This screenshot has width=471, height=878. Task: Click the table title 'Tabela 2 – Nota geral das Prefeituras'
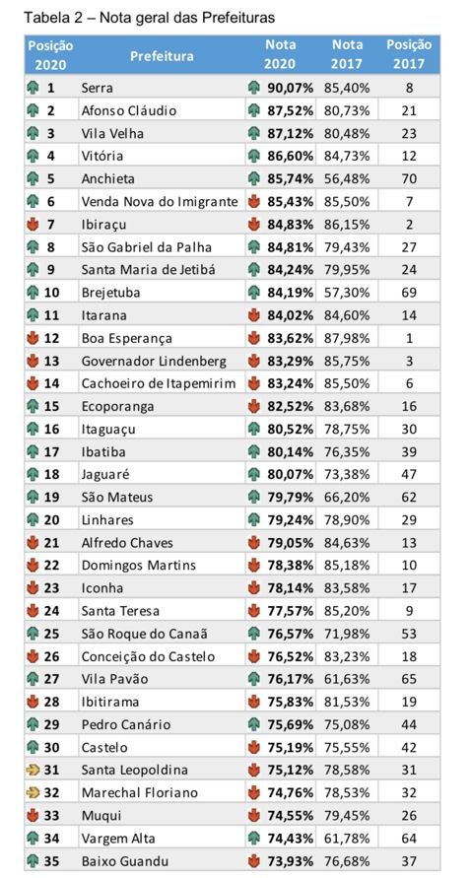(x=150, y=18)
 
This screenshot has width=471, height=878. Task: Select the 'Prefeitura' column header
(x=162, y=55)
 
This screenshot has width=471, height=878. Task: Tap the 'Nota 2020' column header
(x=280, y=54)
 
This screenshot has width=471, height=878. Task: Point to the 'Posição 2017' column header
(x=409, y=54)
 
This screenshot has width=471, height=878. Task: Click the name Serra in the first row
(x=97, y=88)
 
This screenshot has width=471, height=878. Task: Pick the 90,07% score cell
(x=290, y=88)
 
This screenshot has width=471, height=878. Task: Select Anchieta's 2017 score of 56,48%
(x=347, y=179)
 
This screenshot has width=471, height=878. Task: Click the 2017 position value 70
(x=409, y=179)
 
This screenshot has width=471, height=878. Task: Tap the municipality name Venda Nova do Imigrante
(x=160, y=202)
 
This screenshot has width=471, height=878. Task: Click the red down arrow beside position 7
(x=33, y=225)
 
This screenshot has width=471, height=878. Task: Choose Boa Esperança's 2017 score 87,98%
(x=347, y=338)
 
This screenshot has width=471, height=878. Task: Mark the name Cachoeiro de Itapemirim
(x=159, y=383)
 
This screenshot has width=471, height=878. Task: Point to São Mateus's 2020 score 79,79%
(x=290, y=498)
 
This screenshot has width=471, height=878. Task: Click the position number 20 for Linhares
(x=51, y=520)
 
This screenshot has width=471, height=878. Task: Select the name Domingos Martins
(x=139, y=566)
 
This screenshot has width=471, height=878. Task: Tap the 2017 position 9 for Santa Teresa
(x=409, y=611)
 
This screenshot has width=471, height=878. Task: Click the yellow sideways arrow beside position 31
(x=33, y=770)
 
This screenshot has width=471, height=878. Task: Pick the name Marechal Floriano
(x=140, y=793)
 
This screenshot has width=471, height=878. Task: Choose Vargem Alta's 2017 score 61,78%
(x=347, y=839)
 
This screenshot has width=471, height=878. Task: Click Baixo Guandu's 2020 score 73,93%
(x=290, y=861)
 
